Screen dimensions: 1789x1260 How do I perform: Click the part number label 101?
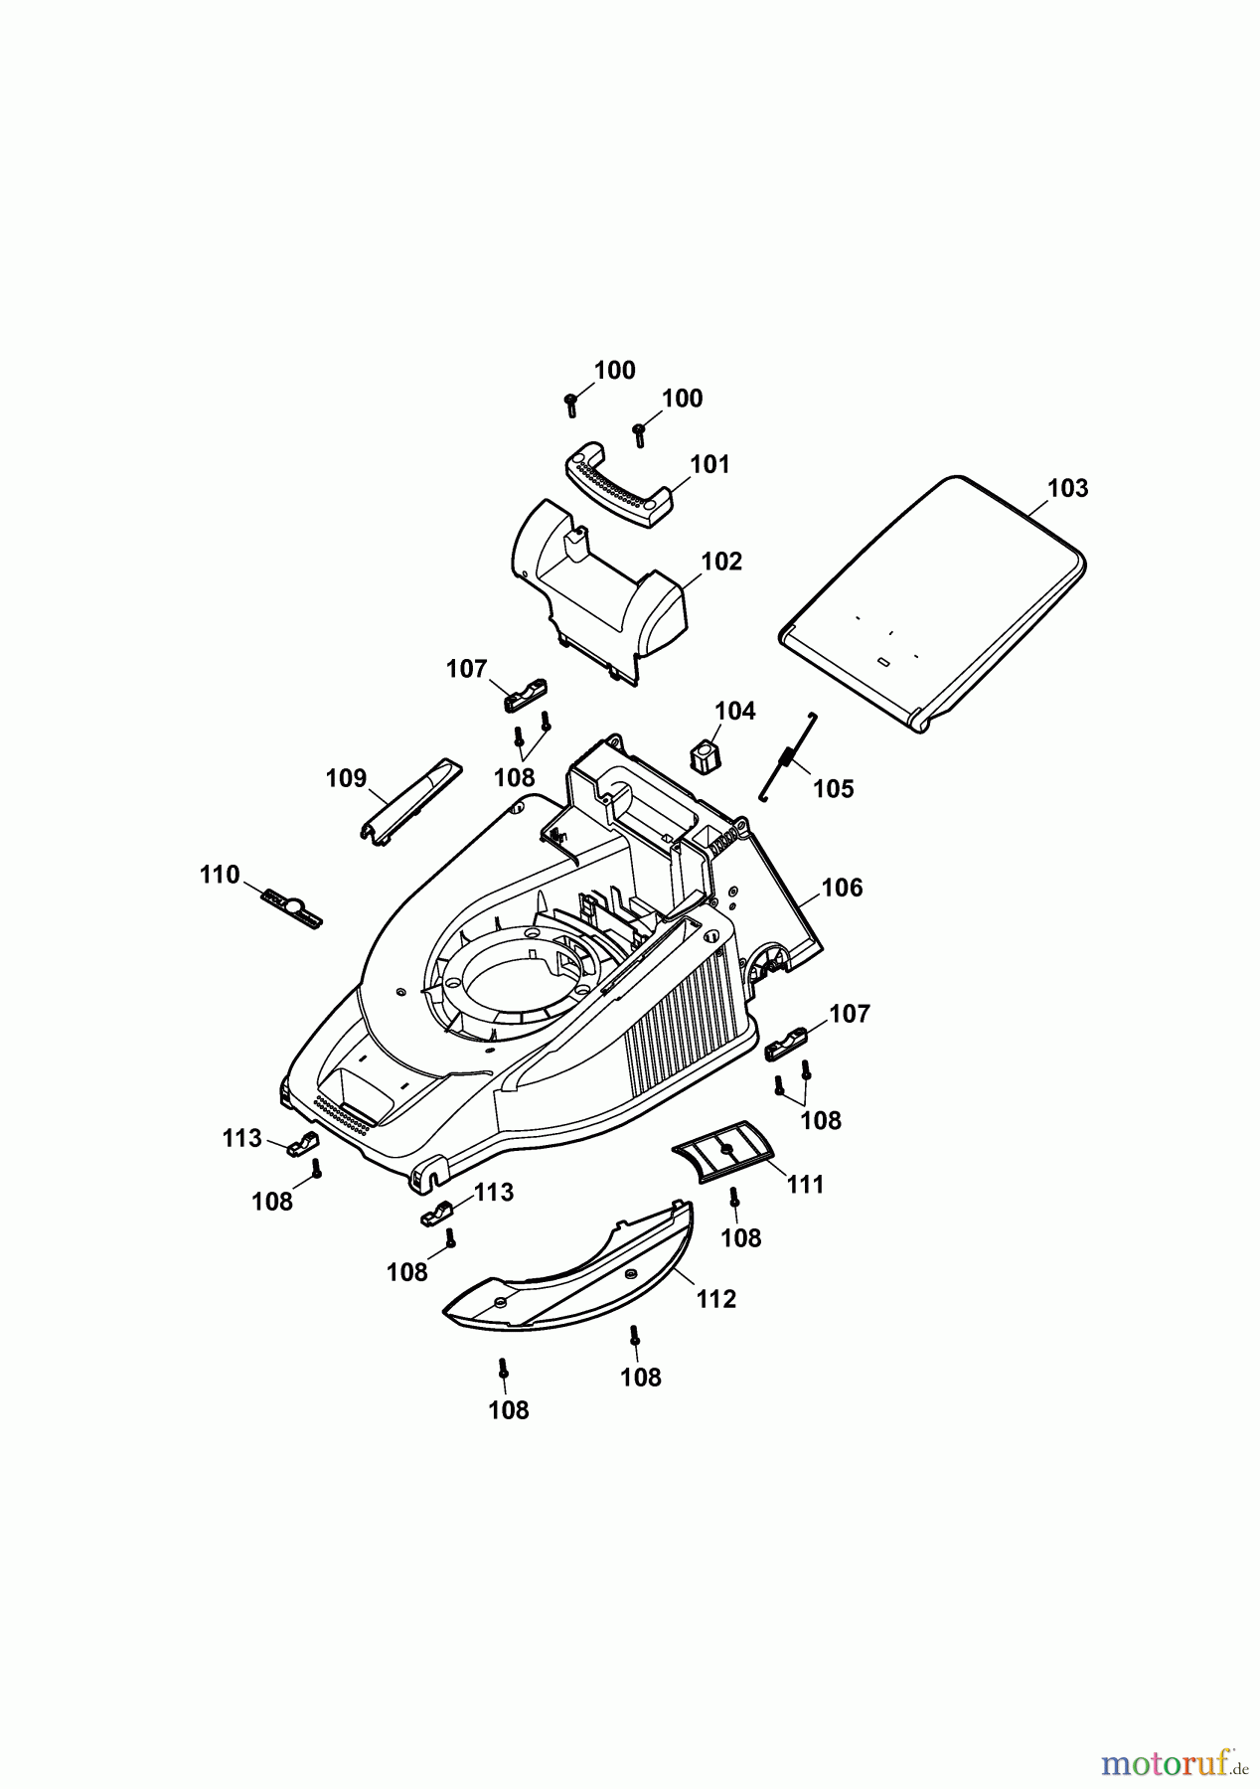pos(709,464)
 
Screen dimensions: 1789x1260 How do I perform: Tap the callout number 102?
pos(721,562)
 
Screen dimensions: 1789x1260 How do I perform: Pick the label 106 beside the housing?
pos(842,888)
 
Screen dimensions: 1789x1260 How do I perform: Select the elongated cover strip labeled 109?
pos(409,801)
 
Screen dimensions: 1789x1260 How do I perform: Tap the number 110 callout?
pos(220,875)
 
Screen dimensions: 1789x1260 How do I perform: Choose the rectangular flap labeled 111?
pos(722,1150)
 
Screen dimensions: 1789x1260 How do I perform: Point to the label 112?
pos(715,1299)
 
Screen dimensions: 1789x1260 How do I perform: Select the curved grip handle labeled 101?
pos(616,487)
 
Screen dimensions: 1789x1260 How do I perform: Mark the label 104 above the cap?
pos(735,711)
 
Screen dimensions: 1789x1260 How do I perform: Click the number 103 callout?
pos(1067,488)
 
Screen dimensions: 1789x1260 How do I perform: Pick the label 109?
pos(346,778)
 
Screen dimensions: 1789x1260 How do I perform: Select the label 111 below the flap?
pos(805,1185)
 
